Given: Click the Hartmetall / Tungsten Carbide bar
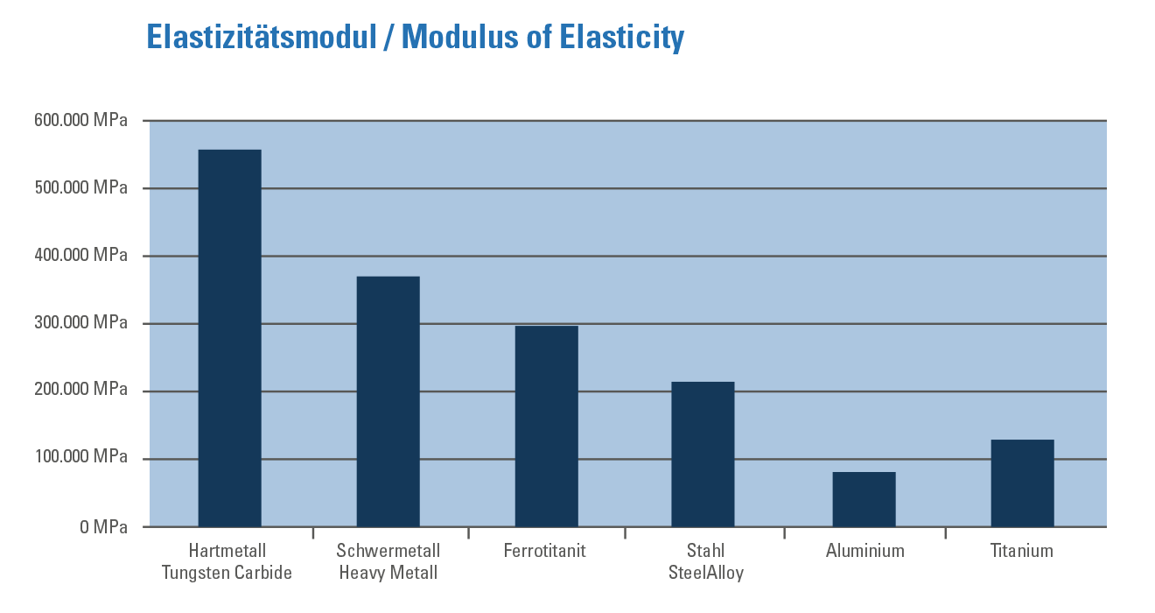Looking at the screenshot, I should pos(229,338).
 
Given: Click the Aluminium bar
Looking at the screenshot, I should pos(864,499).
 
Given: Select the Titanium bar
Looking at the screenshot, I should pos(1022,483).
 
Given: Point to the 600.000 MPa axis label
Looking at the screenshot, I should pos(80,121).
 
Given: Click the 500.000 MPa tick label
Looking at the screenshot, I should pos(80,188).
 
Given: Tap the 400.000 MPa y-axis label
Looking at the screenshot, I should pos(80,256).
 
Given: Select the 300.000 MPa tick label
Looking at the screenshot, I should pos(80,323).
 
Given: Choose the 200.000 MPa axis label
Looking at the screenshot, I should pos(80,390).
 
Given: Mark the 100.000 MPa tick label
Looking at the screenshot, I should pos(80,457).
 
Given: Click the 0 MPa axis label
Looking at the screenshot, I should pos(103,527).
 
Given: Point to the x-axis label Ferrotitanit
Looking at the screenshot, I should pos(544,551).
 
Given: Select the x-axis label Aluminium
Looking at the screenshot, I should pos(864,551).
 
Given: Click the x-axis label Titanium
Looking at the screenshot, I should pos(1021,551).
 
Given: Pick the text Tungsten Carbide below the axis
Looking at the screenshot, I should pos(227,574).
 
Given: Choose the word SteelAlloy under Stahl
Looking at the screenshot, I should pos(705,574).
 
